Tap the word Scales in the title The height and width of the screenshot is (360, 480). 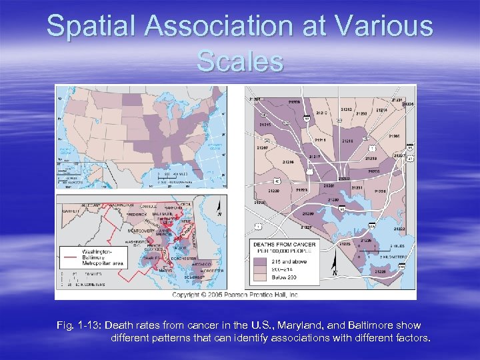(x=240, y=61)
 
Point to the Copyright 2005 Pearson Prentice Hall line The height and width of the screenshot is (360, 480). (x=235, y=294)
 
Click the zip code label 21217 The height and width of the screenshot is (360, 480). (x=315, y=157)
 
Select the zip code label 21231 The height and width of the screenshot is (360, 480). (x=357, y=188)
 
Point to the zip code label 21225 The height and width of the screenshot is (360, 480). (x=344, y=244)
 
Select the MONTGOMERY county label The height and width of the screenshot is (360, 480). (x=141, y=231)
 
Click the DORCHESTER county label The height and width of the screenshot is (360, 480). (x=184, y=258)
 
